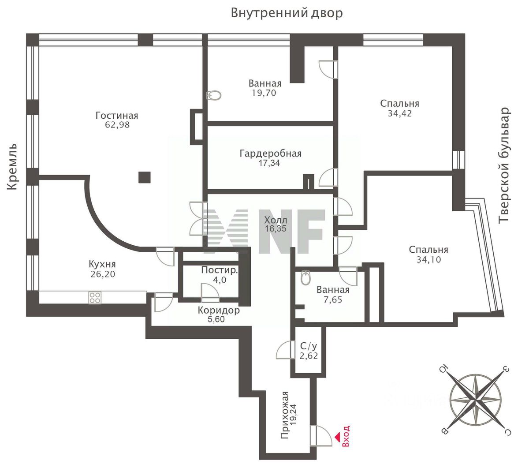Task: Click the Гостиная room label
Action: pyautogui.click(x=117, y=116)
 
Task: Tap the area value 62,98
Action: pyautogui.click(x=117, y=125)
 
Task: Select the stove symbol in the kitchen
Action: pyautogui.click(x=95, y=298)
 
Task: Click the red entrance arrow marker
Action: pyautogui.click(x=337, y=437)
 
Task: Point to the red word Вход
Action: pyautogui.click(x=346, y=437)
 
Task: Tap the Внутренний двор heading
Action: pyautogui.click(x=287, y=13)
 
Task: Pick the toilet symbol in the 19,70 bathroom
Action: pyautogui.click(x=214, y=95)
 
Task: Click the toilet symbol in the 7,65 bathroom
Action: pyautogui.click(x=305, y=278)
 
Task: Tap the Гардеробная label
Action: pyautogui.click(x=270, y=153)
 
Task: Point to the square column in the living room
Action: pyautogui.click(x=145, y=177)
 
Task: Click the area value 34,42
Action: pyautogui.click(x=399, y=113)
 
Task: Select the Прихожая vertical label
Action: pyautogui.click(x=285, y=415)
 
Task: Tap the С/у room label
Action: pyautogui.click(x=309, y=346)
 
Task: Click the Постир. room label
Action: pyautogui.click(x=219, y=270)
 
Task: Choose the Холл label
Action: pyautogui.click(x=276, y=220)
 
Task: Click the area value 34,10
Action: pyautogui.click(x=428, y=259)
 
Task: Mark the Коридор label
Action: pyautogui.click(x=219, y=310)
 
